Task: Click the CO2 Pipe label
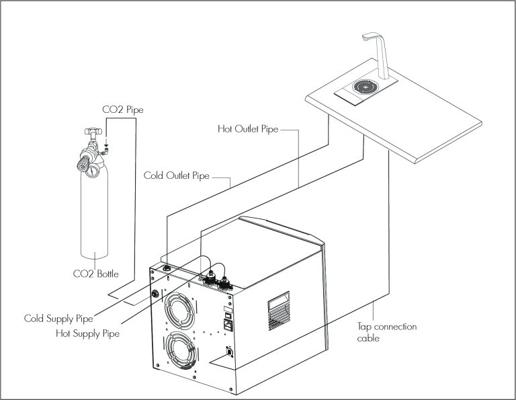tap(123, 110)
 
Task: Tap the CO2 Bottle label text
tap(96, 274)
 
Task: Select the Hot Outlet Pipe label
tap(248, 128)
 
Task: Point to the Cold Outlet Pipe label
tap(177, 175)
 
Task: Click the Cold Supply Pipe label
tap(58, 319)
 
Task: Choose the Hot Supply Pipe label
tap(87, 333)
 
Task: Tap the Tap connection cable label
tap(387, 332)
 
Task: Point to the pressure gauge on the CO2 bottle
tap(92, 170)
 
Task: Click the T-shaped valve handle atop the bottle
tap(92, 131)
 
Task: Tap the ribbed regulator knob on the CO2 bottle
tap(83, 163)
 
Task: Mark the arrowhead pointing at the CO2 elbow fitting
tap(106, 145)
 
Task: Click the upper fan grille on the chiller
tap(179, 311)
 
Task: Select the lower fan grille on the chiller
tap(181, 350)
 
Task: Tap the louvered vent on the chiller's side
tap(279, 311)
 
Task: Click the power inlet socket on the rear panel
tap(228, 325)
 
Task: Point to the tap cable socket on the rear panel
tap(229, 352)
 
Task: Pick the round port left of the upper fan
tap(155, 293)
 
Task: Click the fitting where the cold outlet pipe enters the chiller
tap(167, 268)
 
